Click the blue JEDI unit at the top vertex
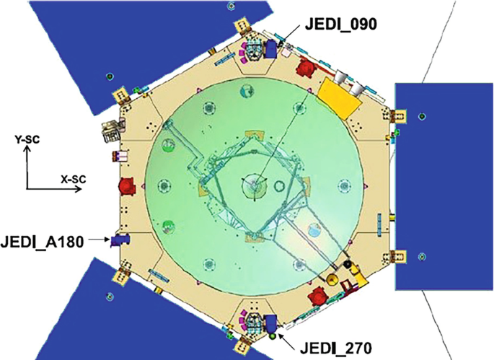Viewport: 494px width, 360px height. (270, 48)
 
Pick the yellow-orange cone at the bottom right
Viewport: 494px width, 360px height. (333, 280)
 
